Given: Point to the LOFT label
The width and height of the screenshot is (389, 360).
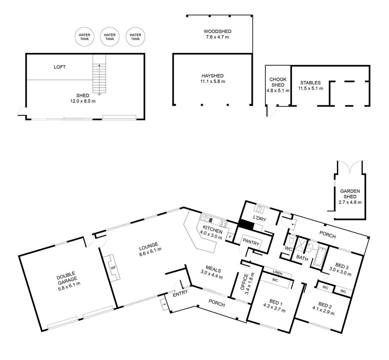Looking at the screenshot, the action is point(60,67).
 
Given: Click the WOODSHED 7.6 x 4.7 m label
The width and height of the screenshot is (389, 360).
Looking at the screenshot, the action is point(217,34).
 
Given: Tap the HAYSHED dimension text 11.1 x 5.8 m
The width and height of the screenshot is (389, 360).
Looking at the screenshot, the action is point(213,81).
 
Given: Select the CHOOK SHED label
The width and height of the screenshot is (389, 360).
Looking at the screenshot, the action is point(278,82).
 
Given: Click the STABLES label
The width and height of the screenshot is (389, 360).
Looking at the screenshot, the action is point(310,83).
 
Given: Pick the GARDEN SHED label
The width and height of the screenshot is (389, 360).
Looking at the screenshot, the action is point(350,194).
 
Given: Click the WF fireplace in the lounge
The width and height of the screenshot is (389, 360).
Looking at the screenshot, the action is point(113,268).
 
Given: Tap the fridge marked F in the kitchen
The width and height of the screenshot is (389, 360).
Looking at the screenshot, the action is point(230,237).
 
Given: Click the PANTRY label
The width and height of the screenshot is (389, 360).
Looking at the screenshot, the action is point(251,242).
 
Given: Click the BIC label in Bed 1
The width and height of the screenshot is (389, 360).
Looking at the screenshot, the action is point(275,280).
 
